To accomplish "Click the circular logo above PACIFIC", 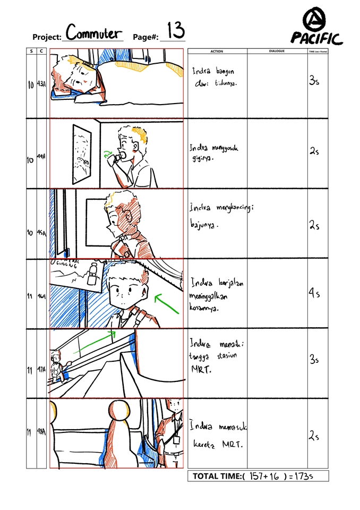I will coord(316,21).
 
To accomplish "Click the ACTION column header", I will coord(217,52).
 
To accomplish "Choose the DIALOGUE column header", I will coord(277,52).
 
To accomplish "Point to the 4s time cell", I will coord(315,293).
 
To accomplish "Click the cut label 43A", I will coord(41,84).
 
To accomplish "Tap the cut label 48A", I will coord(41,433).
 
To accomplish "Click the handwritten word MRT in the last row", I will coord(232,444).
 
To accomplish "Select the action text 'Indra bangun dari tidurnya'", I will coord(215,77).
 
